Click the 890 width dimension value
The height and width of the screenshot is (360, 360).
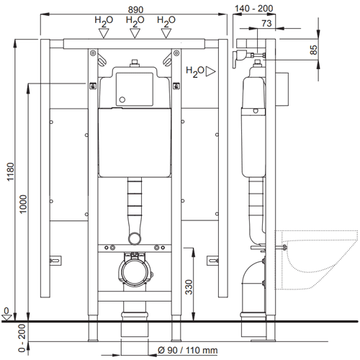(x=135, y=9)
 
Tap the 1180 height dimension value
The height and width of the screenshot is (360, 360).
(x=11, y=172)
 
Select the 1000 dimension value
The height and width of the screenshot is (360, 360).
(x=23, y=204)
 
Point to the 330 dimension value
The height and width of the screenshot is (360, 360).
(x=189, y=287)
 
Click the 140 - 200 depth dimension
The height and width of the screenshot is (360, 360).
(x=253, y=9)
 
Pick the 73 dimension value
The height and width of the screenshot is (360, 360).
(x=266, y=23)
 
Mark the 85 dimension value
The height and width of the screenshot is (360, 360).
(x=313, y=50)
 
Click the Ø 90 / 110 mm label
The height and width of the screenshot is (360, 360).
(x=188, y=350)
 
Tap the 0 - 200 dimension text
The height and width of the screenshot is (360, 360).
(x=22, y=338)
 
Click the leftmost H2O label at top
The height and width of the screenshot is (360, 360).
(x=104, y=21)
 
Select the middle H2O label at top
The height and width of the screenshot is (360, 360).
(x=135, y=21)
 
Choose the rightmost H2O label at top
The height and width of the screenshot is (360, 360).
(x=166, y=21)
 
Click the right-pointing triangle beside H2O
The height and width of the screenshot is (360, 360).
(x=210, y=71)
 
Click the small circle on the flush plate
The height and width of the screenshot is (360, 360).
(x=122, y=99)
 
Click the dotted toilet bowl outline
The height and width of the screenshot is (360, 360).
(x=316, y=260)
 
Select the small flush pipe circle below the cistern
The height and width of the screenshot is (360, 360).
(x=135, y=238)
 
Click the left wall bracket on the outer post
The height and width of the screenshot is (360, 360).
(x=55, y=261)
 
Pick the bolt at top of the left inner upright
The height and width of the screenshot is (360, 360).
(x=93, y=53)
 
